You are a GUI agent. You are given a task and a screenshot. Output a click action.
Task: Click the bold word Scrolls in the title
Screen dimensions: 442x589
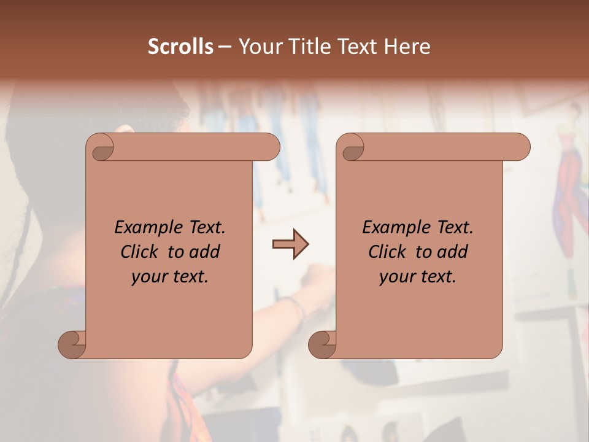click(x=180, y=47)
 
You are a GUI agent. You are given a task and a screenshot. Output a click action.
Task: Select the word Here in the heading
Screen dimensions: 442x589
click(x=407, y=47)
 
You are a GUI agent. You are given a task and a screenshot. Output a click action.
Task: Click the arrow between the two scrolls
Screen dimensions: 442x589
click(x=290, y=244)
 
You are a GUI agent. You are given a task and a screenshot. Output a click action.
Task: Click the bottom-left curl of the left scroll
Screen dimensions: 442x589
click(x=72, y=344)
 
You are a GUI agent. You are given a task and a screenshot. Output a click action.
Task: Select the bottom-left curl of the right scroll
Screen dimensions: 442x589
click(x=322, y=344)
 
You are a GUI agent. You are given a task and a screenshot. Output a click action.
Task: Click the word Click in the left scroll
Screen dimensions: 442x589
click(x=139, y=252)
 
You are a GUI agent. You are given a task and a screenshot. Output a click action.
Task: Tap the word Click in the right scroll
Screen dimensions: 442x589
click(x=387, y=252)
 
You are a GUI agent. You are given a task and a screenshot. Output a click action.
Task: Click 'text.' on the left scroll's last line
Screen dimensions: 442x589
click(x=190, y=277)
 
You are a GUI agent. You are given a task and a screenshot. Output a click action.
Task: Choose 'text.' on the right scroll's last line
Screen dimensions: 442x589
click(x=437, y=277)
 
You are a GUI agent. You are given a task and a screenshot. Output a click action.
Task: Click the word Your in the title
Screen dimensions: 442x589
click(x=258, y=47)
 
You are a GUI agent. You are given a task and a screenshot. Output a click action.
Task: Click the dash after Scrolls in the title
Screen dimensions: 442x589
click(x=225, y=47)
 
